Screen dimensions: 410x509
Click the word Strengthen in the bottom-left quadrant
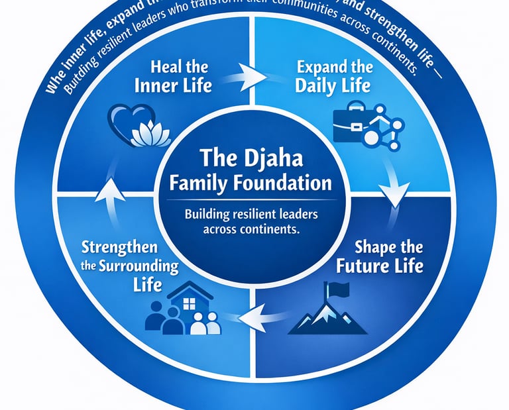pos(120,248)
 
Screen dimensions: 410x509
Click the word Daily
pos(314,87)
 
